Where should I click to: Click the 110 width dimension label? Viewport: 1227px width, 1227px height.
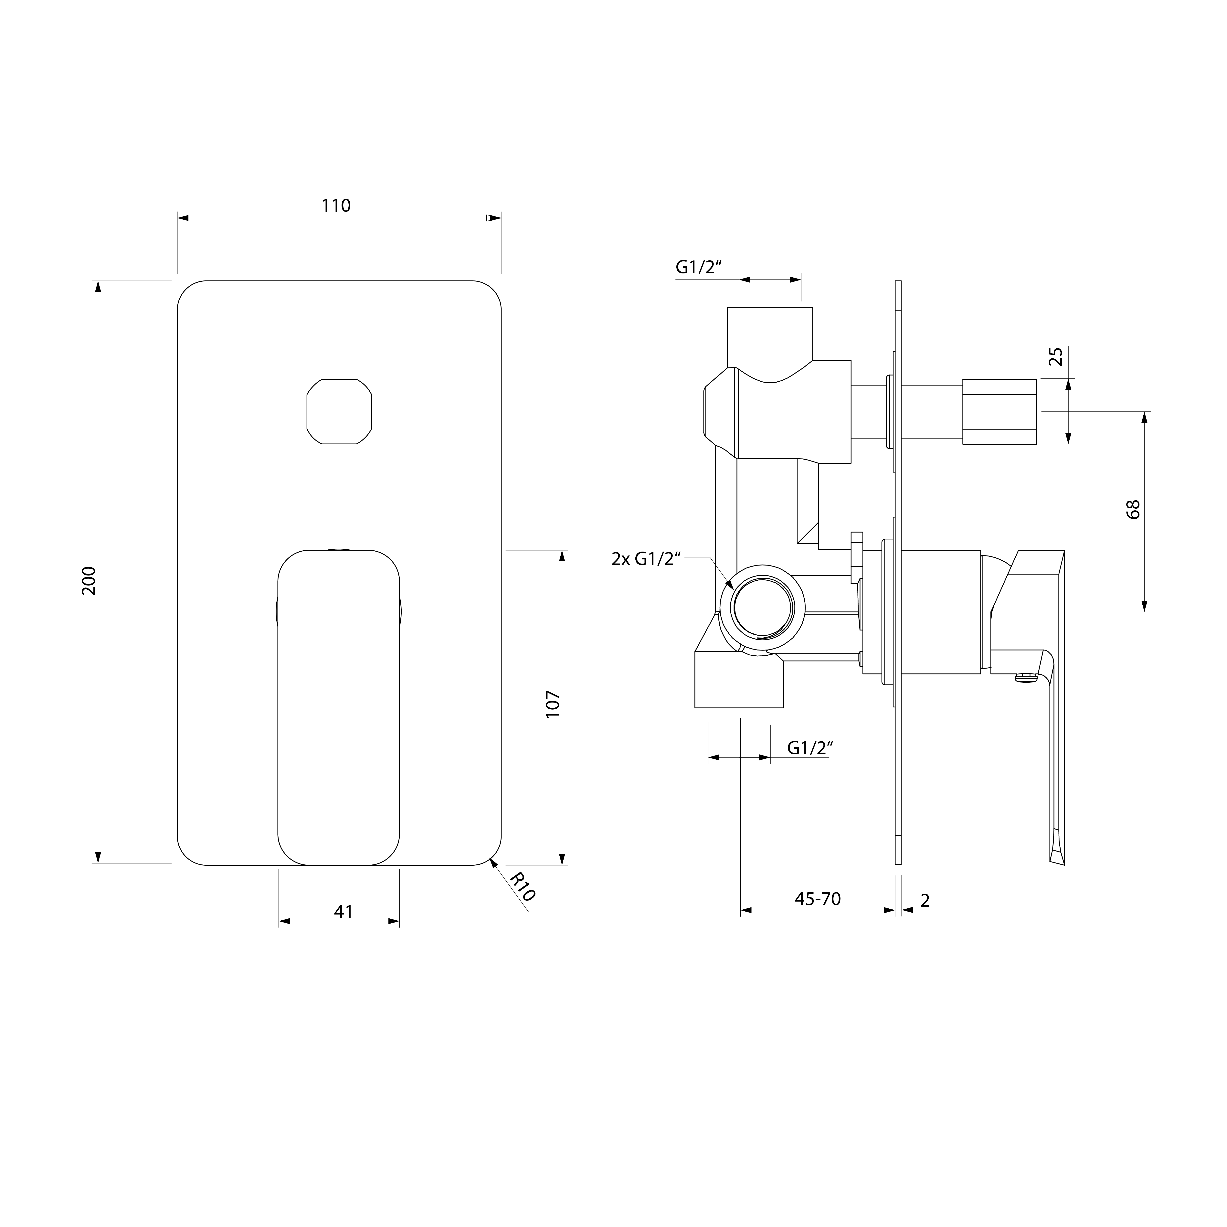click(336, 206)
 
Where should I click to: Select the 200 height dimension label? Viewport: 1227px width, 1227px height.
click(90, 580)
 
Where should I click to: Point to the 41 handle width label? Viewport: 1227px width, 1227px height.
click(343, 912)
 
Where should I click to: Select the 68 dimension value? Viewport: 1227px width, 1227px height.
click(1133, 509)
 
